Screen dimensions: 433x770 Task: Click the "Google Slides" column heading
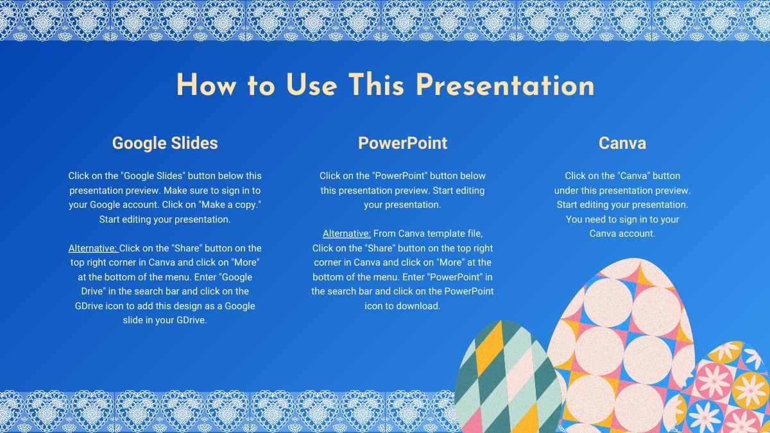pyautogui.click(x=165, y=143)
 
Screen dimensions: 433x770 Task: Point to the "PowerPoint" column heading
pyautogui.click(x=402, y=143)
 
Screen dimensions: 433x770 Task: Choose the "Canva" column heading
pyautogui.click(x=622, y=143)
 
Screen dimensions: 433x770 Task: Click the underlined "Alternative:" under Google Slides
pyautogui.click(x=93, y=248)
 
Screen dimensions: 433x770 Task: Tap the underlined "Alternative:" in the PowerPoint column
pyautogui.click(x=346, y=233)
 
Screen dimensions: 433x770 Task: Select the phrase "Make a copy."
pyautogui.click(x=232, y=205)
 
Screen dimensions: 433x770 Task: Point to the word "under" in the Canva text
pyautogui.click(x=568, y=191)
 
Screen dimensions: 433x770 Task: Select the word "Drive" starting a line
pyautogui.click(x=90, y=292)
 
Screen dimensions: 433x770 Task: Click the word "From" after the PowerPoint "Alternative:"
pyautogui.click(x=385, y=233)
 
